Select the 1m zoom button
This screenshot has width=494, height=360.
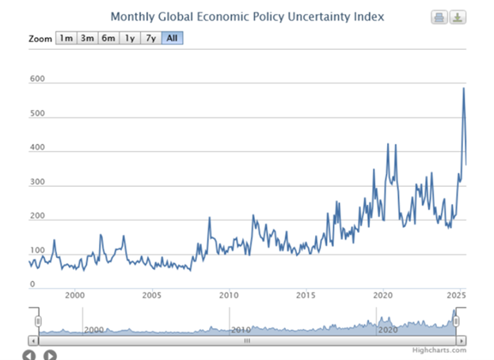[66, 38]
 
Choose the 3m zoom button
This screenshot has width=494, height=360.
[87, 38]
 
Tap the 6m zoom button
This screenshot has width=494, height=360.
[108, 38]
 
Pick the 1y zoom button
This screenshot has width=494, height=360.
[129, 38]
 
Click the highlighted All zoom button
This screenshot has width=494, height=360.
[172, 38]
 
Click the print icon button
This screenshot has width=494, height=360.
[439, 17]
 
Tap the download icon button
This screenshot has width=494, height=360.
[457, 17]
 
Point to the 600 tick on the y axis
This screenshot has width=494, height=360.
[37, 80]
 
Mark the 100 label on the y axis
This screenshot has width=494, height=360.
[37, 251]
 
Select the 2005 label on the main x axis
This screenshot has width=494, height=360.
[152, 295]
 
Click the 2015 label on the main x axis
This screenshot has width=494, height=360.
[306, 295]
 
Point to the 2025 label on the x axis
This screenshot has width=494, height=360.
[454, 295]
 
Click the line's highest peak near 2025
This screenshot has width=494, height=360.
[463, 88]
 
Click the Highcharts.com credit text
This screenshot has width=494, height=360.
[439, 350]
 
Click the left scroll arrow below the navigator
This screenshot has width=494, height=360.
[30, 355]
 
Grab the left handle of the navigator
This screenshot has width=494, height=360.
[37, 320]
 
